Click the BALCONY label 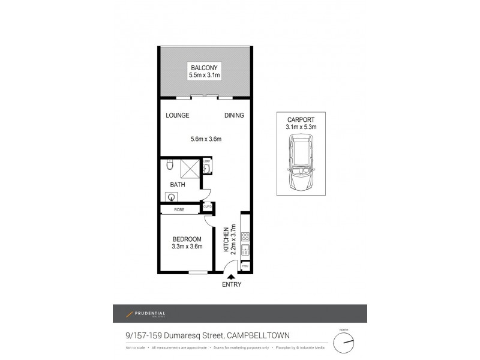click(205, 67)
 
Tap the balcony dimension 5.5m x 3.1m click(205, 76)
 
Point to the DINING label click(234, 115)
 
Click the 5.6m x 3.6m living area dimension click(206, 140)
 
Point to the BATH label click(177, 185)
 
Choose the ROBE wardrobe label click(179, 209)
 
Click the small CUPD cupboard click(208, 208)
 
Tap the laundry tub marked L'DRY click(206, 166)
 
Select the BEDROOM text click(187, 239)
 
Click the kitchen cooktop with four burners click(245, 236)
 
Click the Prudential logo click(145, 314)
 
